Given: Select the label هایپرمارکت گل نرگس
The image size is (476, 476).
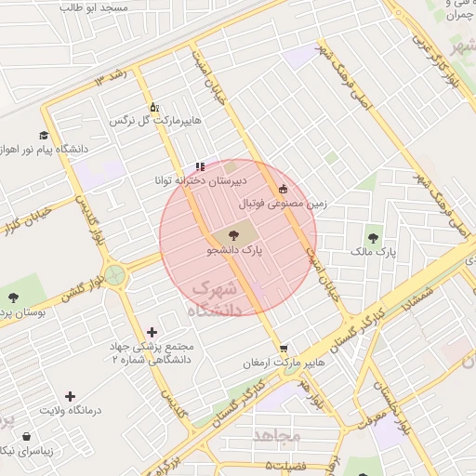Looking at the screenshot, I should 155,121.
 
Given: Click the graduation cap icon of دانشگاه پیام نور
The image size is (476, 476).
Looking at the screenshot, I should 44,135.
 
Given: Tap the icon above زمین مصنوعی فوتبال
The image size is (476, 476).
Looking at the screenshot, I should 284,189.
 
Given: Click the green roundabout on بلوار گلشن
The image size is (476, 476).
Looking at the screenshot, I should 114,274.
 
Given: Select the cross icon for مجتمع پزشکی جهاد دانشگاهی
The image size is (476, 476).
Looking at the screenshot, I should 152,331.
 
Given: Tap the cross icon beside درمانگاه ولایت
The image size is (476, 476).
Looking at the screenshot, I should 71,396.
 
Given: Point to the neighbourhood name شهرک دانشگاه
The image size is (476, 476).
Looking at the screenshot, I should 216,300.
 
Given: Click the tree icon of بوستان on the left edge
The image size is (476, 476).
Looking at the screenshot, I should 13,297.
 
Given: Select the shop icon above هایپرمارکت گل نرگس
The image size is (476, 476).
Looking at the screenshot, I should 153,107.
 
